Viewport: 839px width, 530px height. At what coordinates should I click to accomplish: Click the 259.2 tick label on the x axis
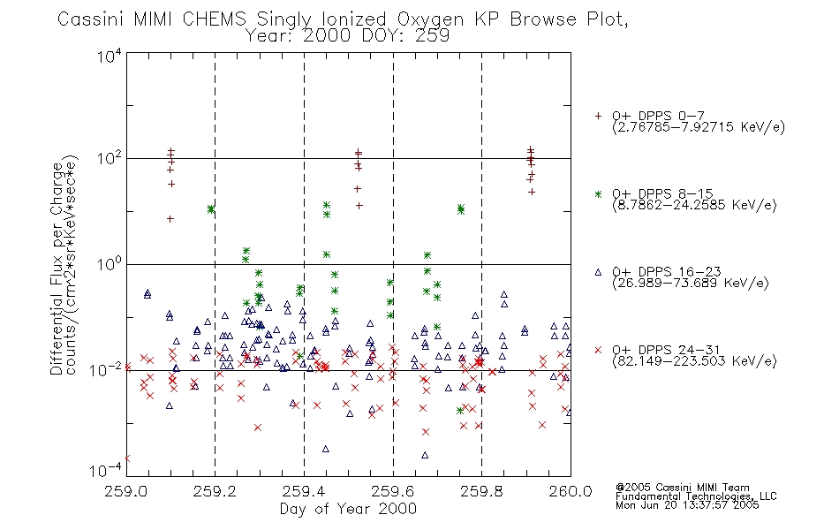[215, 491]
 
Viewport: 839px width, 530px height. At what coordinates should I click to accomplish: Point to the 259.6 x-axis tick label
[393, 491]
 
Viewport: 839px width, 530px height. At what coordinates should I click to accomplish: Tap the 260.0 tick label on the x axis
[571, 491]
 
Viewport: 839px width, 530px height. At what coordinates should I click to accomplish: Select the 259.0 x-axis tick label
[126, 491]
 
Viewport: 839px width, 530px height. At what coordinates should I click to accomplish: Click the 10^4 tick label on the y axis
[110, 56]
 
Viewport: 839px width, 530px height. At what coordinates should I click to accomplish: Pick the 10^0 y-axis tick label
[110, 263]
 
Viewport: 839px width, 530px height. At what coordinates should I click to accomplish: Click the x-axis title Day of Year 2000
[348, 509]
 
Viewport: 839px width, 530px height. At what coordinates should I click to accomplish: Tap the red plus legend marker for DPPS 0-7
[598, 116]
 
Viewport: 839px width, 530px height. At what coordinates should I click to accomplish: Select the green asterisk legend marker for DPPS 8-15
[598, 193]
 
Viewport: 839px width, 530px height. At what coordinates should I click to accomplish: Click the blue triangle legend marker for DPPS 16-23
[598, 272]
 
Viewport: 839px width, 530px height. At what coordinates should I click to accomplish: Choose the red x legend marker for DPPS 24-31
[598, 350]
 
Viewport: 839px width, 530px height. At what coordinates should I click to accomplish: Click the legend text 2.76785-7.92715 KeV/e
[699, 127]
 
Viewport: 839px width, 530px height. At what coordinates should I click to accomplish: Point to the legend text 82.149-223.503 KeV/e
[694, 361]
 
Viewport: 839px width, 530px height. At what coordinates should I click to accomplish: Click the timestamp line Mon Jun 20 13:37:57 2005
[687, 505]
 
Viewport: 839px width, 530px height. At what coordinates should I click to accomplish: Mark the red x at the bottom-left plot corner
[127, 458]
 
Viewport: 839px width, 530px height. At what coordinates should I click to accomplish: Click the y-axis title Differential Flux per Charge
[57, 266]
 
